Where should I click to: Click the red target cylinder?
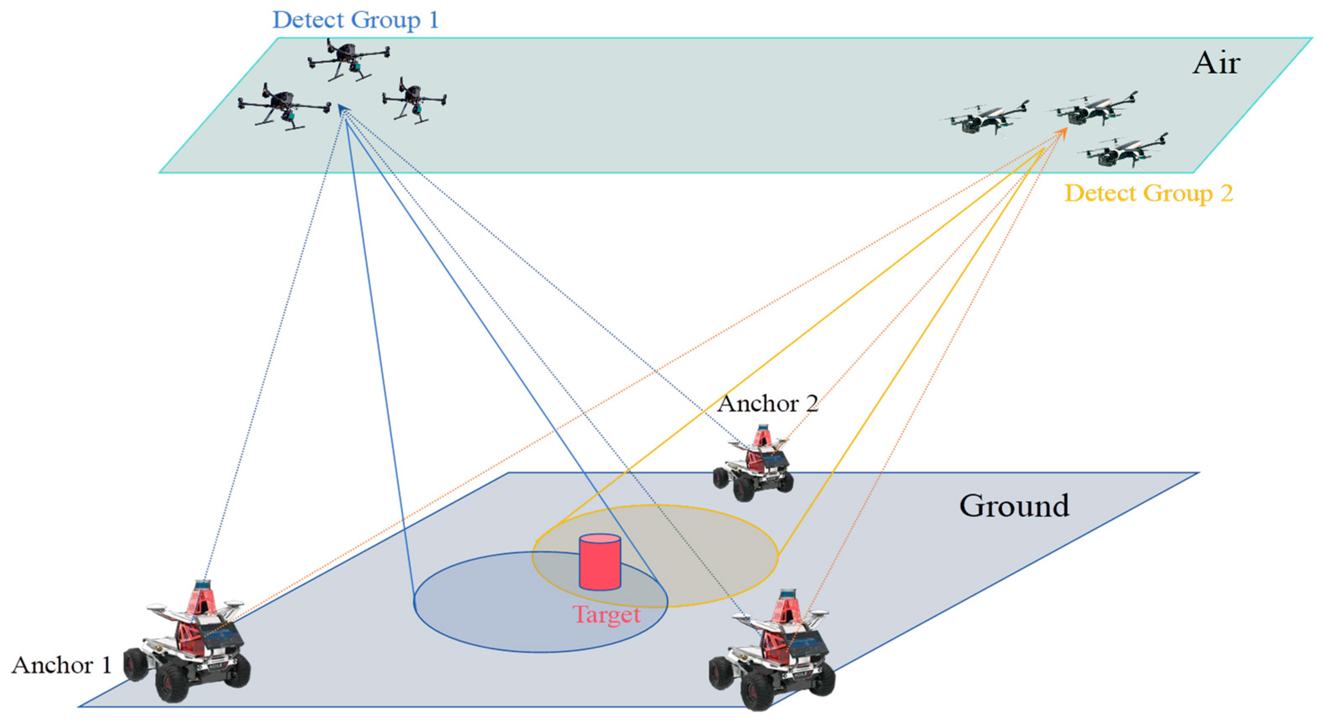599,562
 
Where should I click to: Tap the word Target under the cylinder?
606,615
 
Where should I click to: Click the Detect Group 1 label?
355,20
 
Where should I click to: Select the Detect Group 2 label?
1148,193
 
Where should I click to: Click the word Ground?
1014,506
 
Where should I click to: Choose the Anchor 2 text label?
767,404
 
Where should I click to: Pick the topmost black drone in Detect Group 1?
349,59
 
